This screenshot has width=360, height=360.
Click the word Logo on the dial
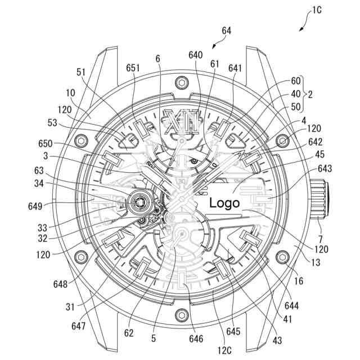(224, 203)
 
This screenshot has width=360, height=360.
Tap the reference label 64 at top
(227, 31)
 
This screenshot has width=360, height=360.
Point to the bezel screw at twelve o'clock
(181, 83)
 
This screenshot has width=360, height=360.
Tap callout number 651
(133, 68)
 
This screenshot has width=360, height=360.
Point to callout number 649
(35, 206)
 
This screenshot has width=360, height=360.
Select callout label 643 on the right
(325, 169)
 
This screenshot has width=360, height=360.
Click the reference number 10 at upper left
(70, 92)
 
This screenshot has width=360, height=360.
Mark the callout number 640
(196, 55)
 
